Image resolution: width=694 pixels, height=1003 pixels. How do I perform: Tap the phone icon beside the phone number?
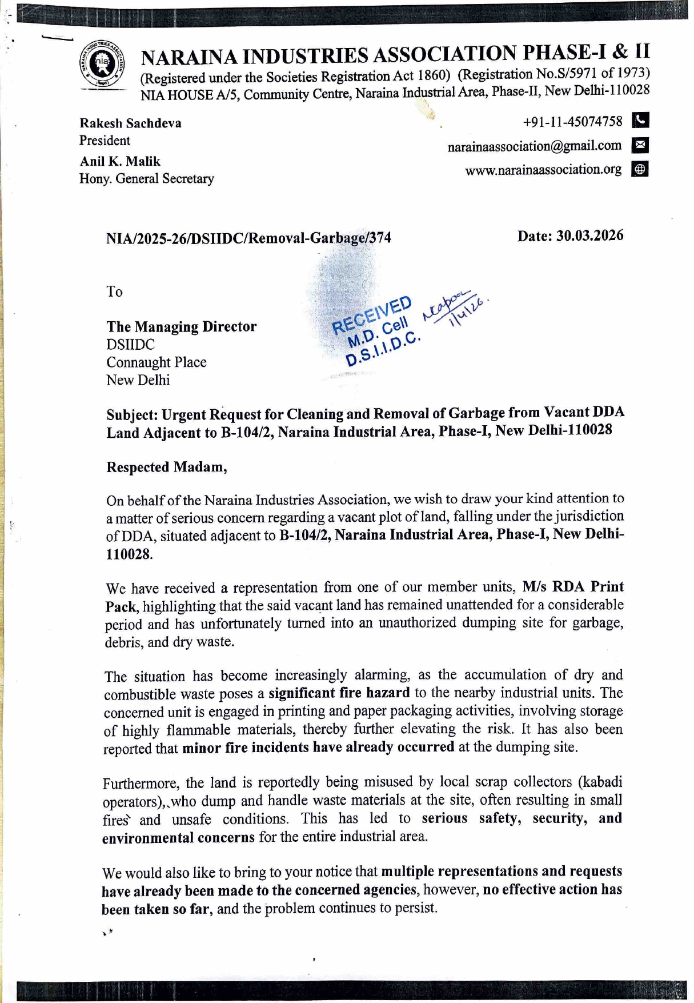[x=641, y=121]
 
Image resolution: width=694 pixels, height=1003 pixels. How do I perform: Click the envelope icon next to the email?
[x=640, y=145]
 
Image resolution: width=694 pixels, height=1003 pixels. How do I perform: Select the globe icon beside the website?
[x=640, y=169]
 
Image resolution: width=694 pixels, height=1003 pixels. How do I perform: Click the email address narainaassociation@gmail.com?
[x=534, y=146]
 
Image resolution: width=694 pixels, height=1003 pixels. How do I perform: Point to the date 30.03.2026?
[x=589, y=236]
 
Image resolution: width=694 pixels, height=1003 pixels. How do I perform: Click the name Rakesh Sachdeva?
[x=130, y=123]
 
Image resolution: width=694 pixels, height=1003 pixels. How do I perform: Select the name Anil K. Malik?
[x=120, y=162]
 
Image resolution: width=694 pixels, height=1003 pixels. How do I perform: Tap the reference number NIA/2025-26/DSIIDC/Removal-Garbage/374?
[x=248, y=238]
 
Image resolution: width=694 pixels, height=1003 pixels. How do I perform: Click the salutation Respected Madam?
[x=166, y=467]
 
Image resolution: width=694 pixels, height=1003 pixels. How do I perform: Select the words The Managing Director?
[x=181, y=327]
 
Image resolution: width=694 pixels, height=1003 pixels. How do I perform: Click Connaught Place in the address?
[x=156, y=362]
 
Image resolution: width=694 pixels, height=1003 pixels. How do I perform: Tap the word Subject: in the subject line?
[x=131, y=415]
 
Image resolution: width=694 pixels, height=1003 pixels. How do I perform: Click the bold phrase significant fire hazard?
[x=339, y=693]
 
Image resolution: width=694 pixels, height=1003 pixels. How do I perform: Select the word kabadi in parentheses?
[x=602, y=782]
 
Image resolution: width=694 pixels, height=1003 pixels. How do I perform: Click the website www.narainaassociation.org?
[x=543, y=170]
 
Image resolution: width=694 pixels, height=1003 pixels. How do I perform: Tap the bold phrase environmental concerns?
[x=178, y=838]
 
